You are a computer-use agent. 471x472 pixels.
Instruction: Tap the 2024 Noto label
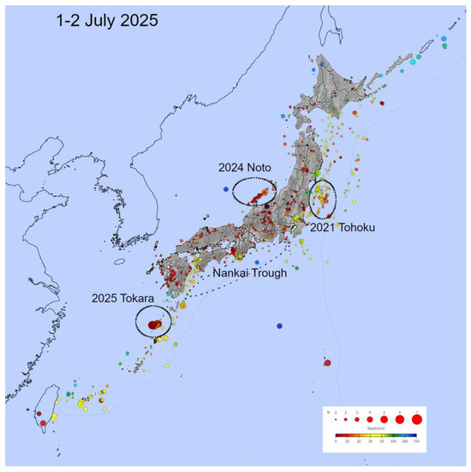tap(255, 169)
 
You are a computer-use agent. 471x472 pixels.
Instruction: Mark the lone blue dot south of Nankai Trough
tap(280, 326)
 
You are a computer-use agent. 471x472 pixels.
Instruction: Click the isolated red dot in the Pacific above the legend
tap(327, 363)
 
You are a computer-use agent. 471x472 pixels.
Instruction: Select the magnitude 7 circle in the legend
tap(417, 419)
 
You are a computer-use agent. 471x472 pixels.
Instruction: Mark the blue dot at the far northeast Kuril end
tap(444, 39)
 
